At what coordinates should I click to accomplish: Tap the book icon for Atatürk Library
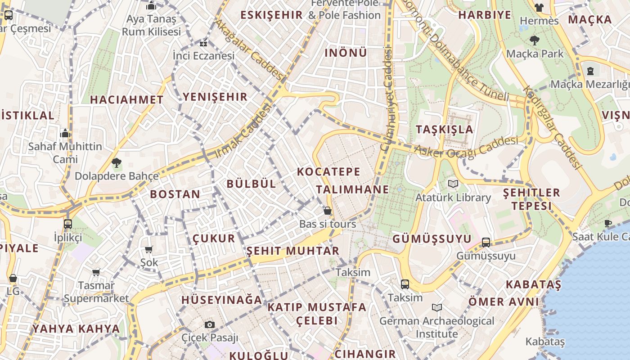(x=453, y=184)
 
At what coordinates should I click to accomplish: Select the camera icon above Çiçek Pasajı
(x=209, y=324)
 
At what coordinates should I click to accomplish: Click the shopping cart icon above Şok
(x=149, y=249)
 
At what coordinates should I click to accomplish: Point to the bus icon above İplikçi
(x=68, y=224)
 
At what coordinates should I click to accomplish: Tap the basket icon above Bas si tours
(x=328, y=211)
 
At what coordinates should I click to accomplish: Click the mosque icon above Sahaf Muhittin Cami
(x=65, y=134)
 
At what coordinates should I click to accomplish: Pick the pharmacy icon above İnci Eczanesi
(x=203, y=44)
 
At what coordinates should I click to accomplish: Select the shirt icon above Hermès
(x=539, y=8)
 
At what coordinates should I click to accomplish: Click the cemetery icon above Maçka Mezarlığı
(x=590, y=71)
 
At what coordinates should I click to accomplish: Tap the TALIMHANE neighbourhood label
(x=352, y=189)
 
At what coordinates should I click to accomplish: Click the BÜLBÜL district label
(x=251, y=184)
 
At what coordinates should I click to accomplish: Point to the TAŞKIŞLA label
(x=444, y=130)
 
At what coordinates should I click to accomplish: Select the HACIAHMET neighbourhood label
(x=127, y=100)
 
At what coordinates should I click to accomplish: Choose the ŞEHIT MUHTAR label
(x=292, y=251)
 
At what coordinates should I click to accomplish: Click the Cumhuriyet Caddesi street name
(x=386, y=99)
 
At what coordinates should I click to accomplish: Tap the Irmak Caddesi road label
(x=243, y=130)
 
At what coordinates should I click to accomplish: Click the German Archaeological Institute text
(x=436, y=327)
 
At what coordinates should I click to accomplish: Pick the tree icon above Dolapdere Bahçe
(x=117, y=163)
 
